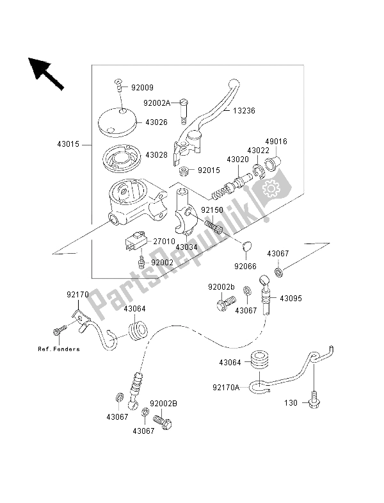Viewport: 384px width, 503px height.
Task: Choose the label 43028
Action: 156,154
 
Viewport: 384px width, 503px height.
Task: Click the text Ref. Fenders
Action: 58,349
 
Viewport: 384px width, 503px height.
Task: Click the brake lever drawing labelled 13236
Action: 211,115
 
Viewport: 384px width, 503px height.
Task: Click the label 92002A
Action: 156,101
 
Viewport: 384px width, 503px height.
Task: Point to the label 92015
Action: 209,171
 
